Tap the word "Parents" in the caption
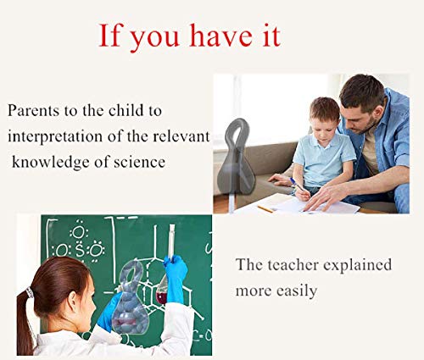coord(33,110)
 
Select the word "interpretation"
coord(55,137)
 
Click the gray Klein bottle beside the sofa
coord(236,158)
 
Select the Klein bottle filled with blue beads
coord(131,298)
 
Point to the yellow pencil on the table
coord(265,209)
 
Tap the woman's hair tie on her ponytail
coord(30,292)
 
